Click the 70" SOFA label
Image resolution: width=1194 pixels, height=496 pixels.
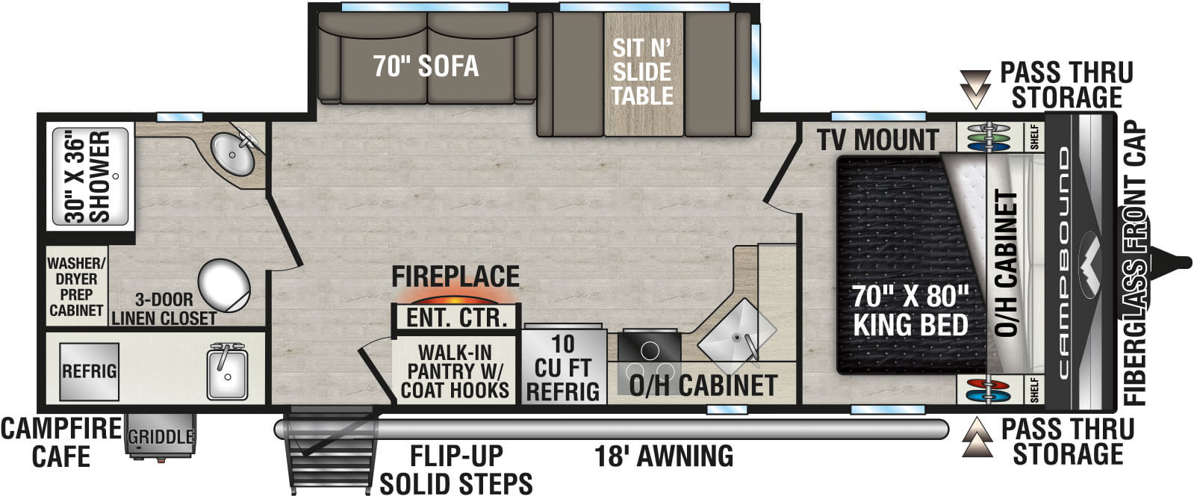[426, 66]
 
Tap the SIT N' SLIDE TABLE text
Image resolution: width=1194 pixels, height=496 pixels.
[641, 72]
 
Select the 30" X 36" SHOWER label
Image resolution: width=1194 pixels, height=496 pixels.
[88, 177]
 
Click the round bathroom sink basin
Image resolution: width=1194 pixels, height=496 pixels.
[232, 155]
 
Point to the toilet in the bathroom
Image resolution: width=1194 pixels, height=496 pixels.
[223, 284]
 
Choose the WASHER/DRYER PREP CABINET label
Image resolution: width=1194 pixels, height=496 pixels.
[75, 286]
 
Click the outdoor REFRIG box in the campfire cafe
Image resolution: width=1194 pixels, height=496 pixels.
[89, 371]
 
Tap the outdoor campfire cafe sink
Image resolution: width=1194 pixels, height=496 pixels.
[227, 371]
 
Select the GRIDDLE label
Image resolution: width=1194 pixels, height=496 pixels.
[161, 437]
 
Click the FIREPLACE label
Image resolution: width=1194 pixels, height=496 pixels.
[455, 276]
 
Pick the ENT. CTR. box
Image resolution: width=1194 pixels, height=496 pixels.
[455, 317]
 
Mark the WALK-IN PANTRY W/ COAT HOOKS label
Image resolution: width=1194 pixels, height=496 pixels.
[455, 371]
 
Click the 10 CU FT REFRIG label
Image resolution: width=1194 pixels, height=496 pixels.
[563, 368]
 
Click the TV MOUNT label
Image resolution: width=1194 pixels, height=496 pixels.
[877, 140]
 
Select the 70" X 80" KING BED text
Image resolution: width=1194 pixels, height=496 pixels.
[910, 311]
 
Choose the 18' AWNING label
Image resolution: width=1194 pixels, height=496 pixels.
[664, 455]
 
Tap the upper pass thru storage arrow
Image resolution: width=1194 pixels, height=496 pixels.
[974, 89]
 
